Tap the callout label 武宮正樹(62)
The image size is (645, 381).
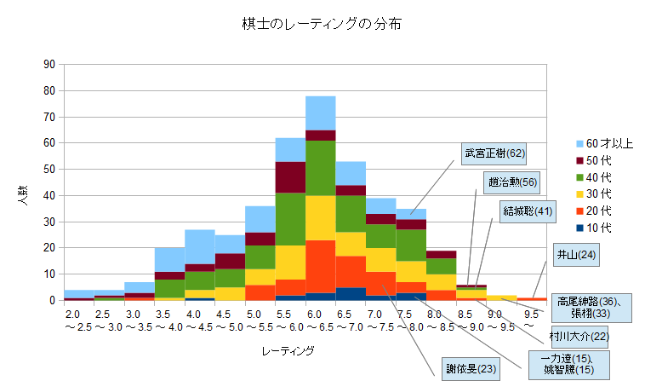(x=494, y=153)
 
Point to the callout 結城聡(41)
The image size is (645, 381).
(x=528, y=210)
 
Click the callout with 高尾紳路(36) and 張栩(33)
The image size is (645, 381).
(x=593, y=307)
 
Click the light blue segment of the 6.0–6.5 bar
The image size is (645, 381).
(x=321, y=113)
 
